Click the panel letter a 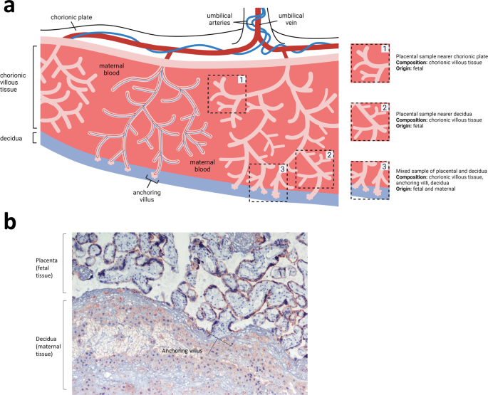pyautogui.click(x=9, y=8)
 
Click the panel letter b pyautogui.click(x=9, y=222)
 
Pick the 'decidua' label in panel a pyautogui.click(x=13, y=138)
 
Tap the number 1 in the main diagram pyautogui.click(x=242, y=80)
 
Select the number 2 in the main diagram pyautogui.click(x=328, y=154)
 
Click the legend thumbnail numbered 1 pyautogui.click(x=370, y=63)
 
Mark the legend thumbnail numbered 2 pyautogui.click(x=370, y=122)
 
